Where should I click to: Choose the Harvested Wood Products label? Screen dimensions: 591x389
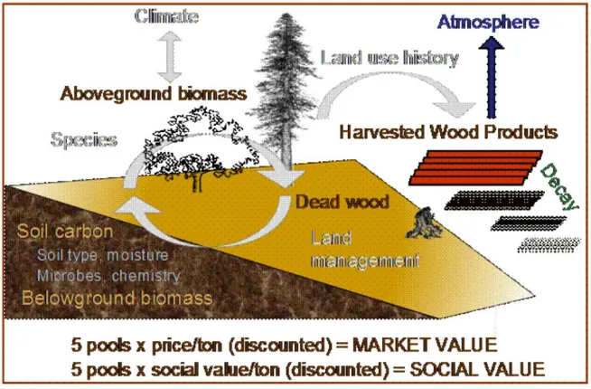point(448,132)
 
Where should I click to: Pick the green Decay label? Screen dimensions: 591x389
point(558,185)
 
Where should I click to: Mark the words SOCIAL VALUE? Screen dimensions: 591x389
point(487,369)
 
